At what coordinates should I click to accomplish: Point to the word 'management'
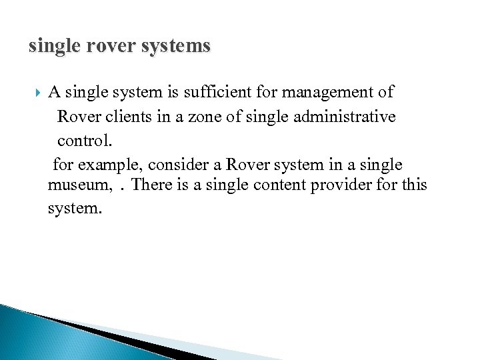tap(327, 92)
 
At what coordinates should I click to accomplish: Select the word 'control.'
tap(85, 141)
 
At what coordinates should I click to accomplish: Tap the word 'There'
tap(153, 184)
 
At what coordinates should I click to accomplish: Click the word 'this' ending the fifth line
tap(413, 184)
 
